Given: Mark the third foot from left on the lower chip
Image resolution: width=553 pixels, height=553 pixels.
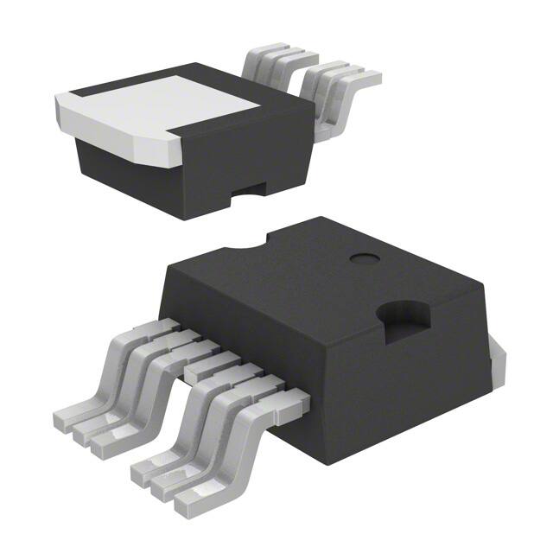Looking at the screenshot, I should pyautogui.click(x=103, y=441).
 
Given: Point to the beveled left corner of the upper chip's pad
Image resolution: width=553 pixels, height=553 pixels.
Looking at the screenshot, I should pyautogui.click(x=69, y=121).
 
